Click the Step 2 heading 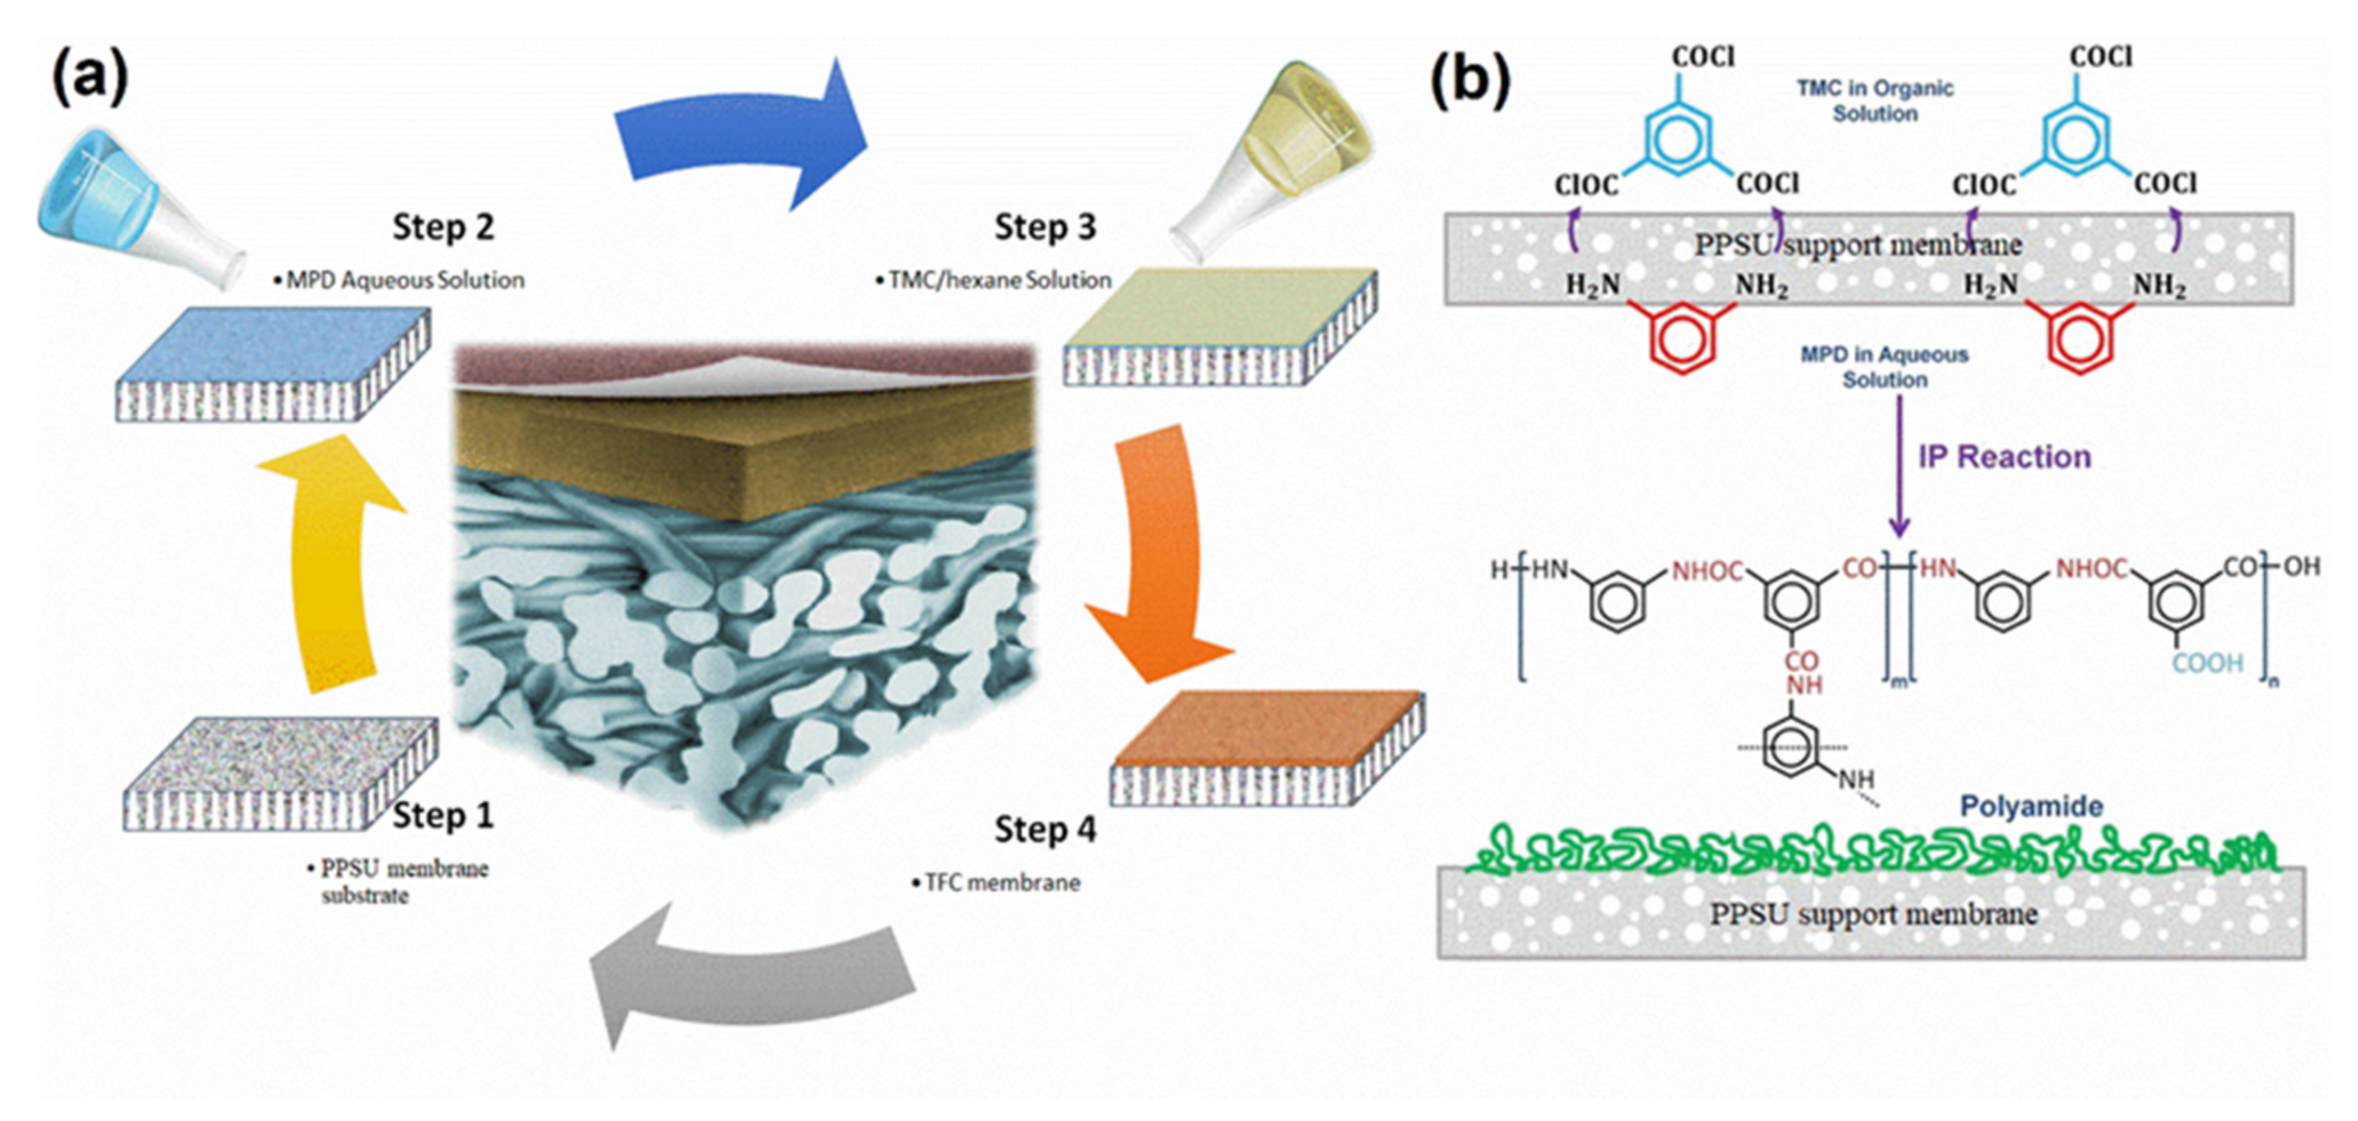point(443,227)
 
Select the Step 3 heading point(1044,227)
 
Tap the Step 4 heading point(1044,830)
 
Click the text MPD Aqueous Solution point(403,280)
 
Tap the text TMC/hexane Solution point(998,280)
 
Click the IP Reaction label point(2004,457)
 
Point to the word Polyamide point(2030,807)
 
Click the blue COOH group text point(2207,663)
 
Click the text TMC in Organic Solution point(1874,101)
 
